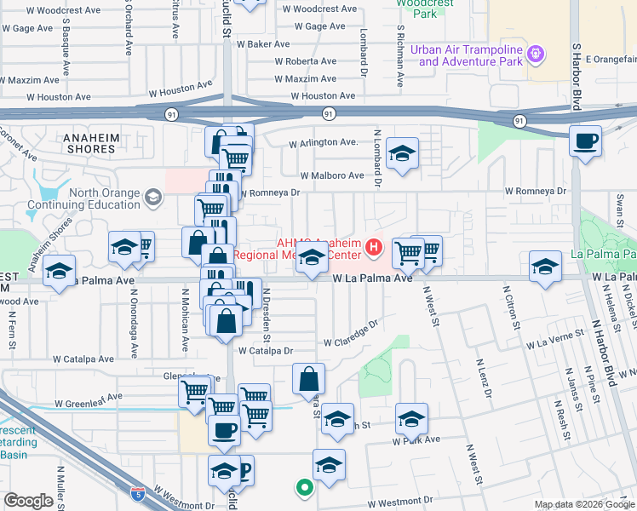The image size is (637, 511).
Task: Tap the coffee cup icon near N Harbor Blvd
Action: pyautogui.click(x=585, y=141)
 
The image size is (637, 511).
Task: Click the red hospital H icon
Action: pyautogui.click(x=373, y=249)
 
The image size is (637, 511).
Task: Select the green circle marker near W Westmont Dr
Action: pyautogui.click(x=303, y=488)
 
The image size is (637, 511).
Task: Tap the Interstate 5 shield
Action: pyautogui.click(x=138, y=493)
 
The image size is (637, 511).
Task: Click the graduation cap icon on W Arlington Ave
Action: pyautogui.click(x=402, y=154)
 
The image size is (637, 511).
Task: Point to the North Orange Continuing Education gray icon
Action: pyautogui.click(x=152, y=198)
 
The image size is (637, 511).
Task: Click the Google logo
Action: pyautogui.click(x=28, y=501)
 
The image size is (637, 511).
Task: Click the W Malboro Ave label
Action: pyautogui.click(x=331, y=175)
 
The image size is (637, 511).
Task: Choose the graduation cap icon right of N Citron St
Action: pyautogui.click(x=545, y=267)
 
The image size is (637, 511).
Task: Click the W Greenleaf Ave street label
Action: pyautogui.click(x=88, y=398)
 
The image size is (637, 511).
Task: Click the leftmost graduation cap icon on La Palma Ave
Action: pyautogui.click(x=59, y=273)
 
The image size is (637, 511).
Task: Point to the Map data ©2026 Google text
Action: pyautogui.click(x=583, y=504)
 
